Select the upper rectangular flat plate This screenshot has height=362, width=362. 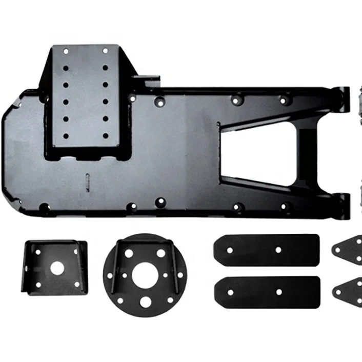[267, 250]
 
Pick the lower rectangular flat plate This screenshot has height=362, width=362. [267, 291]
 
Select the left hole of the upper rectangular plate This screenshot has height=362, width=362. [230, 250]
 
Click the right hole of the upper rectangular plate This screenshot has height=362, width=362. [279, 250]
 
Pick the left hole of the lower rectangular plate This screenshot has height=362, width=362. [230, 292]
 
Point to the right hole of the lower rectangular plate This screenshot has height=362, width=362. [279, 292]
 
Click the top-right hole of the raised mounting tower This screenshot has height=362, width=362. [105, 51]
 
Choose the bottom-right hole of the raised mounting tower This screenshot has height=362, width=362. [105, 136]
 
